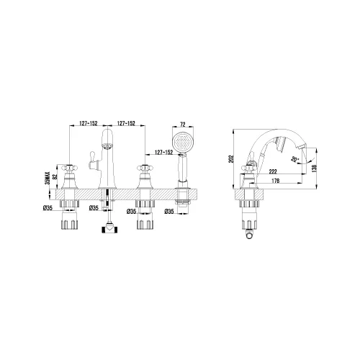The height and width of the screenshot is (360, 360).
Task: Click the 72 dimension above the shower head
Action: (183, 125)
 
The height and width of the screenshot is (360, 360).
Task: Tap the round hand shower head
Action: (183, 143)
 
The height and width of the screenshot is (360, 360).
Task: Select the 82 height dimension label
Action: (55, 176)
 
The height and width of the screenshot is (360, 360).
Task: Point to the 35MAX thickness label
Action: (47, 178)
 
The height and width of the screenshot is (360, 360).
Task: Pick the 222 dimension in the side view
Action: (273, 171)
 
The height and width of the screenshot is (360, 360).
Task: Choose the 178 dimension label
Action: (275, 181)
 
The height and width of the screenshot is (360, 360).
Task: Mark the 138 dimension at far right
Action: (315, 168)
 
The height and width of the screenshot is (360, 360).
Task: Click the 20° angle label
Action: (294, 159)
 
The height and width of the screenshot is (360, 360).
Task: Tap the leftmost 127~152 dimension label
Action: (89, 123)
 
